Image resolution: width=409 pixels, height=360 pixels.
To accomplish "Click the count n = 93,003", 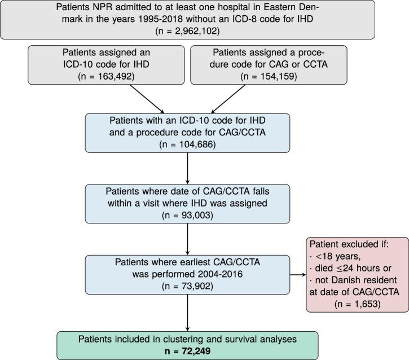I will (188, 214).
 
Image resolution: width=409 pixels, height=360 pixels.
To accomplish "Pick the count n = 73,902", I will (188, 286).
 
